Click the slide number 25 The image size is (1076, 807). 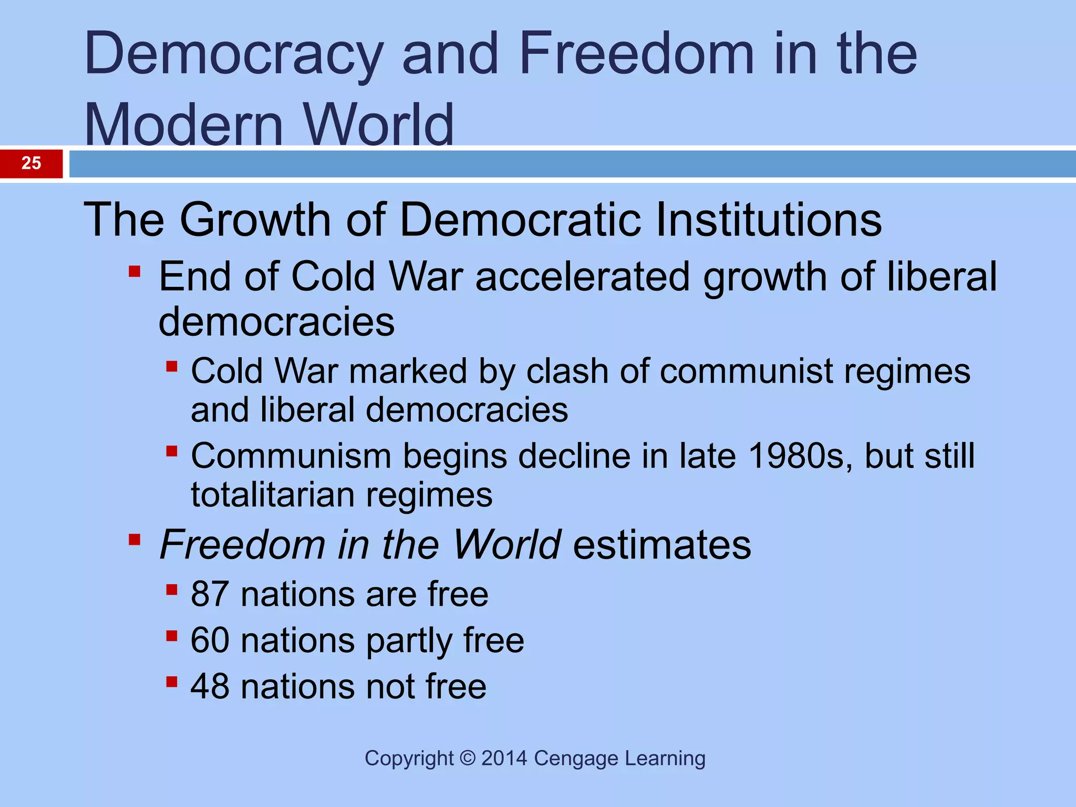point(31,163)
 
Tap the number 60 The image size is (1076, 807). point(210,640)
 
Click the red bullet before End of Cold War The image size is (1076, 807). point(134,272)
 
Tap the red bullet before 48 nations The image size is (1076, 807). point(171,682)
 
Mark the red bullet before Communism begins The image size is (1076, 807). point(171,451)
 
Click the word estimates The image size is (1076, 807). point(662,545)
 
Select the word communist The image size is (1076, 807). point(746,371)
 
